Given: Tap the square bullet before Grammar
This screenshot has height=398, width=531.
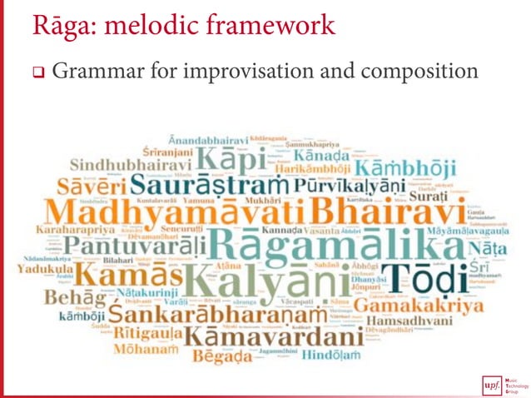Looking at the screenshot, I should coord(37,72).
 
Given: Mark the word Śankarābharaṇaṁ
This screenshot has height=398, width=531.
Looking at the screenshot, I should coord(221,316).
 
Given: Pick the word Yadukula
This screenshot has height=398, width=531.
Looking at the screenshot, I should coord(49,270).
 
